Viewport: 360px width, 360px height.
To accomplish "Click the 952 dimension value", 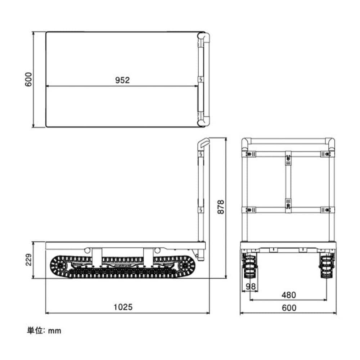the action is click(122, 80).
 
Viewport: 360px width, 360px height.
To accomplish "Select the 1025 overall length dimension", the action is click(123, 307).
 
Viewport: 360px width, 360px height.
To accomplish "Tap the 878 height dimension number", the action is click(221, 207).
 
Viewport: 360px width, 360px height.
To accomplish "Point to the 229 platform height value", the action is click(28, 260).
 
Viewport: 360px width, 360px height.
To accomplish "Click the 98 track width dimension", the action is click(251, 286).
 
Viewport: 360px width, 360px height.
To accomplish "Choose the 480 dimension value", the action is click(289, 295).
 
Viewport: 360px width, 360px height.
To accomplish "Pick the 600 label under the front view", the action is click(289, 308).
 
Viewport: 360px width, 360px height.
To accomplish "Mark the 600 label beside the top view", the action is click(28, 80).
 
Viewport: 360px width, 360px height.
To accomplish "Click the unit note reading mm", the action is click(55, 331).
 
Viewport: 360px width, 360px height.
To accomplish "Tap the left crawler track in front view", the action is click(250, 266).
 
